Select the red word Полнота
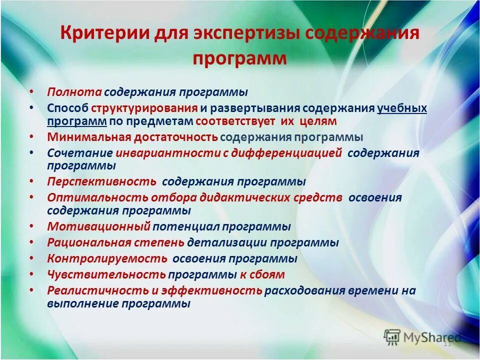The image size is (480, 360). tap(74, 92)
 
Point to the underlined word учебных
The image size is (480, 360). tap(402, 108)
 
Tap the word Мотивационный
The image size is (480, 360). tap(98, 226)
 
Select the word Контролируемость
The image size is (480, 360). tap(107, 259)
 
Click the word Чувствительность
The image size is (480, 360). tap(106, 274)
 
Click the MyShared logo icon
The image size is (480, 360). tap(392, 337)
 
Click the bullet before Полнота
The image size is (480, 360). tap(31, 92)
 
